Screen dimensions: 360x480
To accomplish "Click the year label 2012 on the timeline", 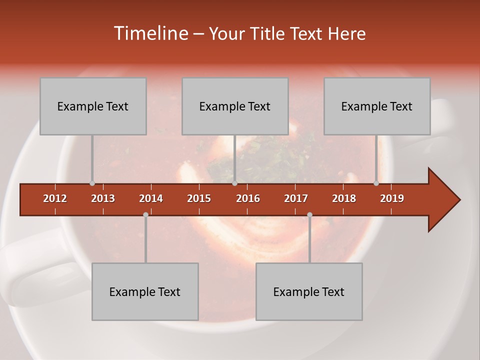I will pyautogui.click(x=55, y=198).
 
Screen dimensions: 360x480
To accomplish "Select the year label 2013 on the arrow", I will pyautogui.click(x=103, y=198).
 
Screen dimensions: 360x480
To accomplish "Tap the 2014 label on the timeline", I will pyautogui.click(x=151, y=198).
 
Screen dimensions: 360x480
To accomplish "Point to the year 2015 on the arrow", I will pyautogui.click(x=199, y=198).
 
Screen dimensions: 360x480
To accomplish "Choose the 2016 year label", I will pyautogui.click(x=248, y=198).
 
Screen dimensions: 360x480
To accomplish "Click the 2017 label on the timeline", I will pyautogui.click(x=296, y=198).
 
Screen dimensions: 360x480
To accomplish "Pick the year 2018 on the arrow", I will pyautogui.click(x=344, y=198).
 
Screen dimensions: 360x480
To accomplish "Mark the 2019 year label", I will pyautogui.click(x=392, y=198).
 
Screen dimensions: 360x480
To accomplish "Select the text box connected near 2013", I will pyautogui.click(x=93, y=106).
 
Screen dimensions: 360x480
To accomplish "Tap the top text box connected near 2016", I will pyautogui.click(x=235, y=106).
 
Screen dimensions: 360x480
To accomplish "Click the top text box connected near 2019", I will pyautogui.click(x=377, y=106).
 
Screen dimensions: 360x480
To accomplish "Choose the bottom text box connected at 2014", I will pyautogui.click(x=145, y=291).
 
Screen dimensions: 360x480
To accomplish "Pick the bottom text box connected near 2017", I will pyautogui.click(x=309, y=291).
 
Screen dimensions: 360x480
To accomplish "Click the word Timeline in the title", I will pyautogui.click(x=150, y=33).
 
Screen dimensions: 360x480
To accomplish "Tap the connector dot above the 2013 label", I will pyautogui.click(x=92, y=183).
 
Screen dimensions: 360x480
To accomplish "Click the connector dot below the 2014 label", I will pyautogui.click(x=145, y=214).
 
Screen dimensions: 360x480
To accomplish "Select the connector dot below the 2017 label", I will pyautogui.click(x=309, y=214).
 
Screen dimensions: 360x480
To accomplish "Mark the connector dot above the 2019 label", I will pyautogui.click(x=376, y=183).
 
